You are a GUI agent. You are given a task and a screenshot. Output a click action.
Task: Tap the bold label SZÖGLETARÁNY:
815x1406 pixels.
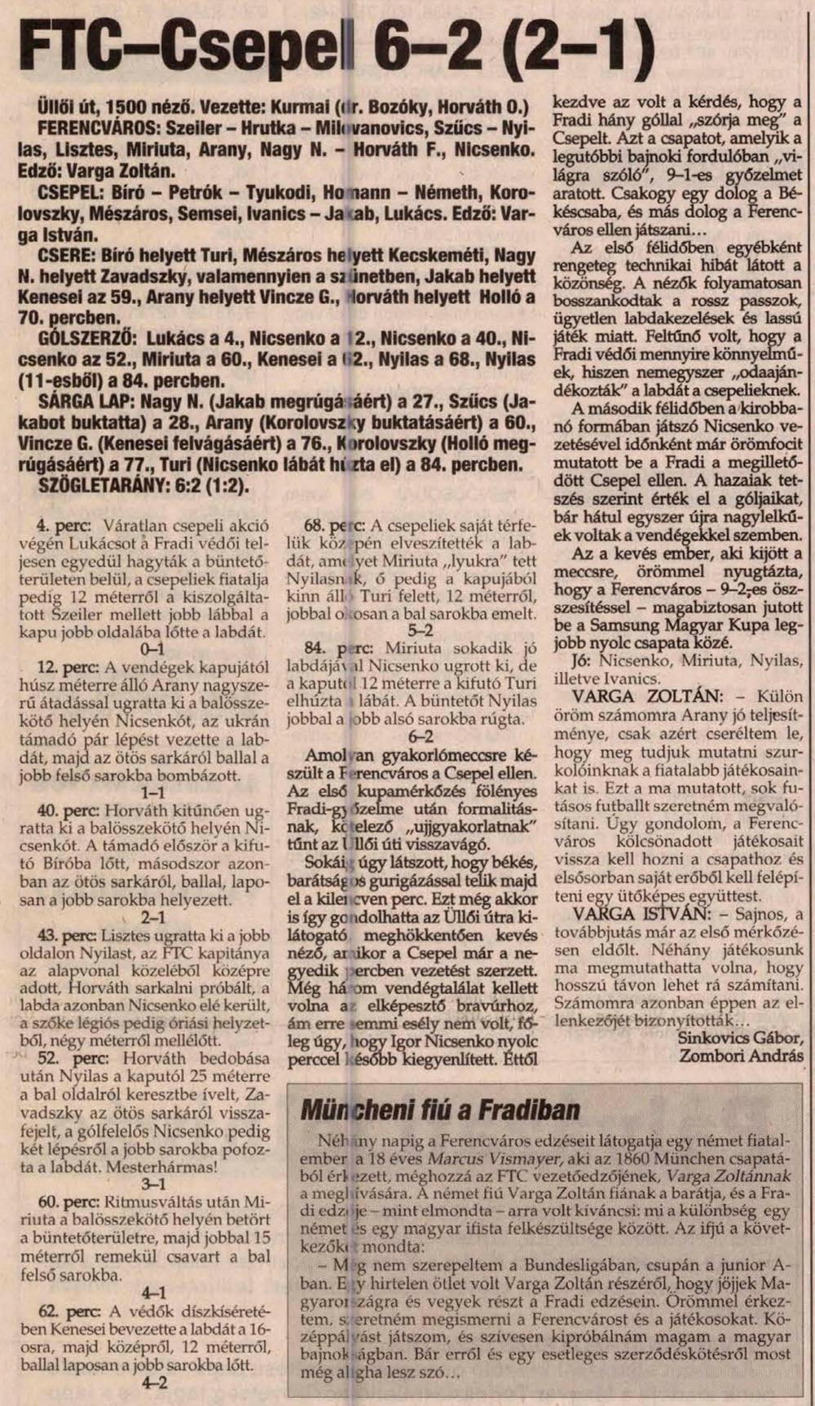(105, 486)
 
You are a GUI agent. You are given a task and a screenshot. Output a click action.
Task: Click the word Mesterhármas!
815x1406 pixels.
(164, 1167)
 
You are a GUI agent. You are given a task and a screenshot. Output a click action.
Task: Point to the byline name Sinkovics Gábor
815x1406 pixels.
(740, 1038)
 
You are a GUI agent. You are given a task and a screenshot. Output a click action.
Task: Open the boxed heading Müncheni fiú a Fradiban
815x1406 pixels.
(440, 1109)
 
